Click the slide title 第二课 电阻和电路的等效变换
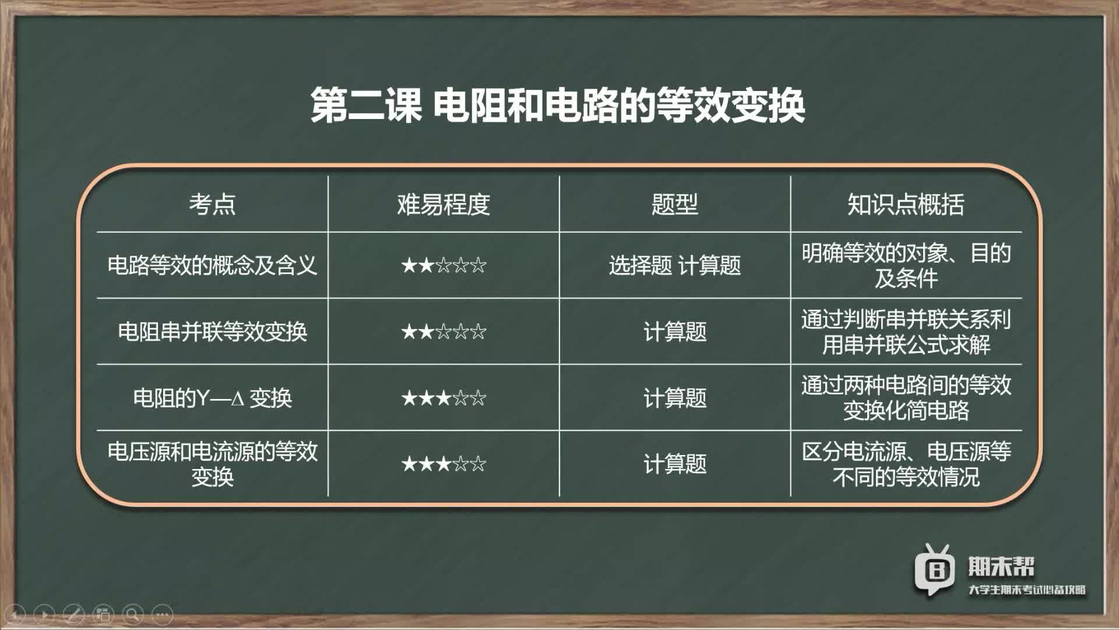pos(558,106)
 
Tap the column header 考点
pos(212,204)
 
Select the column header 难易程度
pos(444,204)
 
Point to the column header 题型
pos(674,204)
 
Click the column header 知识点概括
pos(906,204)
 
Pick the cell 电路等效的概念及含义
pos(212,265)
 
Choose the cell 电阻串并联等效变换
pos(212,331)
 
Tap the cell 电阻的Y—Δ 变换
pos(212,398)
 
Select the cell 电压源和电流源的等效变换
pos(212,464)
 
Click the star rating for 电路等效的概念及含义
pos(444,265)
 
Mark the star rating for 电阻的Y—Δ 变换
pos(444,398)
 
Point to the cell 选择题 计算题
pos(674,265)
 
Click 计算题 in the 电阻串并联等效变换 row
pos(674,331)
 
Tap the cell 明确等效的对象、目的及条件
pos(906,265)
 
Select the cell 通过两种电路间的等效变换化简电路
pos(906,398)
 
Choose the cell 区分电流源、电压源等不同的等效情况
pos(906,464)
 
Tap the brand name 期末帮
pos(1001,566)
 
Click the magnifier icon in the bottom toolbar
pos(133,614)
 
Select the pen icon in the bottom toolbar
pos(73,614)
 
